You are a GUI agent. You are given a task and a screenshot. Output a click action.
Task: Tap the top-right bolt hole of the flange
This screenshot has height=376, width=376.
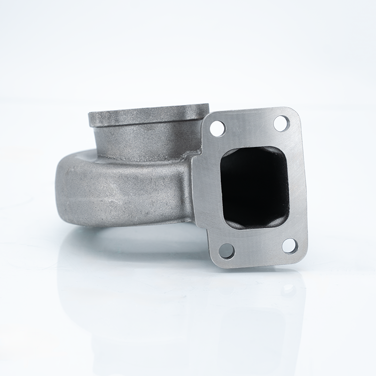point(281,123)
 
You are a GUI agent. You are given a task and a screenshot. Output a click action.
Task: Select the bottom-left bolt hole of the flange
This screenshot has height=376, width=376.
point(227,251)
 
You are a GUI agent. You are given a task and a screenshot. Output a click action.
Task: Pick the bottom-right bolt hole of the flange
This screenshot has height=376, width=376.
point(290,245)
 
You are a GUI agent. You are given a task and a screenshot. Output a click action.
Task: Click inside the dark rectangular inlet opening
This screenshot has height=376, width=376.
point(254,187)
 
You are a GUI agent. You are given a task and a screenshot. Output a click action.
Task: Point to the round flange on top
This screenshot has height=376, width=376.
point(148,115)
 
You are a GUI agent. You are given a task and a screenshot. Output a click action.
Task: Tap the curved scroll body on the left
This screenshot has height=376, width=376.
point(117,188)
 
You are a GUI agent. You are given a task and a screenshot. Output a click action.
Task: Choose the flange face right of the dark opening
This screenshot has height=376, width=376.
point(297,186)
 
